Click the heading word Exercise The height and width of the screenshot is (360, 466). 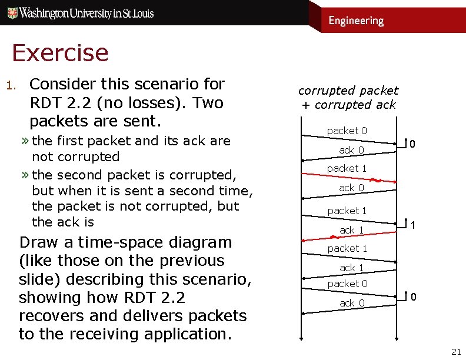click(x=60, y=53)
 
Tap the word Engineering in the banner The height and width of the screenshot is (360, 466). click(x=355, y=21)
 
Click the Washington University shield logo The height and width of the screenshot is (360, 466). click(x=11, y=12)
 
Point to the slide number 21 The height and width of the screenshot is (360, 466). click(x=455, y=352)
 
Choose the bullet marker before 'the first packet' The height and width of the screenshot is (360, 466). click(x=26, y=141)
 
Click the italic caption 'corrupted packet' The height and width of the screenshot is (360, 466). click(x=348, y=91)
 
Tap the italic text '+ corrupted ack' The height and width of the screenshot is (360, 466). click(x=348, y=105)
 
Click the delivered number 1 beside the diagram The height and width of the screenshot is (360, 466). click(x=414, y=225)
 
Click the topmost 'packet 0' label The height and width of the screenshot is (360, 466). click(x=347, y=131)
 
